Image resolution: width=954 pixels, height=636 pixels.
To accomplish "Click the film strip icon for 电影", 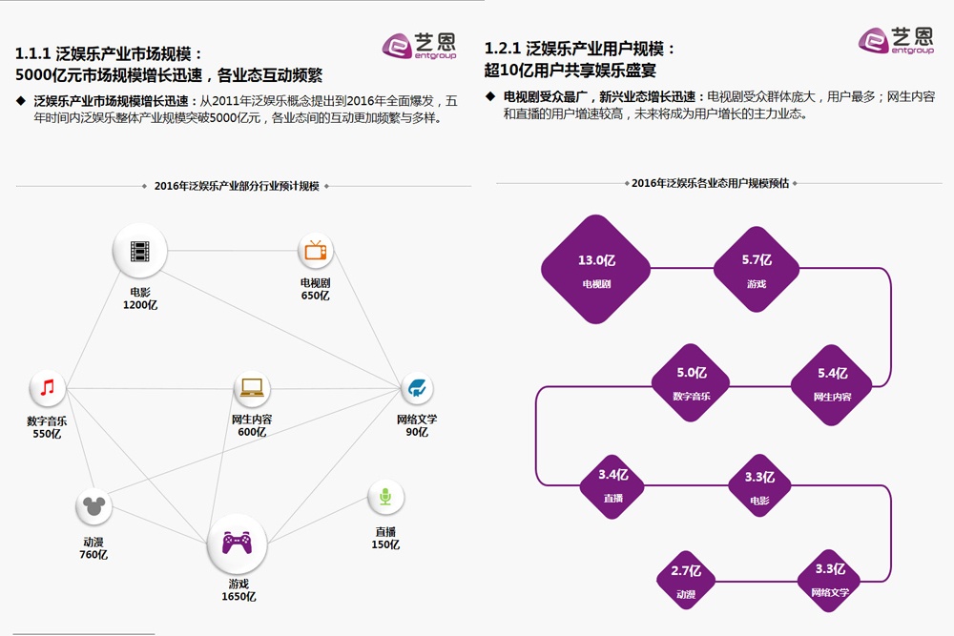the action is click(x=140, y=251).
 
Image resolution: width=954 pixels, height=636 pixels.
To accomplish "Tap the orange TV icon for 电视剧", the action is click(x=315, y=250).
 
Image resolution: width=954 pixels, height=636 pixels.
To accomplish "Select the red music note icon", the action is click(x=48, y=387).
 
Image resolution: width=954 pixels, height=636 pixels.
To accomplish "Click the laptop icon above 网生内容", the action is click(x=251, y=387).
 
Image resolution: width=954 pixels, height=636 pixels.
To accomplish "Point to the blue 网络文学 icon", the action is click(x=417, y=387).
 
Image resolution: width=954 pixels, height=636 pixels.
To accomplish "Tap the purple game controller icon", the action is click(x=237, y=542).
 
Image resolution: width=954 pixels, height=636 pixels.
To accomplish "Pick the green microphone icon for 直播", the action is click(x=385, y=497).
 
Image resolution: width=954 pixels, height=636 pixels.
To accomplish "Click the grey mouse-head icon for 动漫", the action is click(x=93, y=505).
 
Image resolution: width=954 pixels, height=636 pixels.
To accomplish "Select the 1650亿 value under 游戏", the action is click(x=238, y=597).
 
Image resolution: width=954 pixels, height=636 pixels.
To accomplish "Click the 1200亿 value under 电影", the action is click(x=140, y=304).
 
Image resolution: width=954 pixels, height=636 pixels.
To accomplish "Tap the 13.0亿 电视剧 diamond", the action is click(x=595, y=268).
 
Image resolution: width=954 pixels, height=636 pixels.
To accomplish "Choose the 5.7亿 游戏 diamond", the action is click(x=757, y=268).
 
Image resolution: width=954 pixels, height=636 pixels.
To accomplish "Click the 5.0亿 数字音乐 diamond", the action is click(x=691, y=383).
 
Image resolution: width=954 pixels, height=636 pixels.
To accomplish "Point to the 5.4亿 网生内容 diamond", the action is click(x=832, y=384).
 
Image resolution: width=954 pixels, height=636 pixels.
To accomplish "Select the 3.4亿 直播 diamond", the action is click(x=612, y=485).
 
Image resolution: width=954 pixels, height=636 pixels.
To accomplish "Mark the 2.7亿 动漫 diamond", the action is click(x=686, y=580).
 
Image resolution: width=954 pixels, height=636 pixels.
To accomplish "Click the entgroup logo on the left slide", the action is click(x=419, y=46).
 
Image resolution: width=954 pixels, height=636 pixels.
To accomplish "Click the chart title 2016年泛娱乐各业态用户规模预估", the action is click(x=710, y=183).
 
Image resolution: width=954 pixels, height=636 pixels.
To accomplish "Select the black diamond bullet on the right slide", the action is click(x=490, y=96).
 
